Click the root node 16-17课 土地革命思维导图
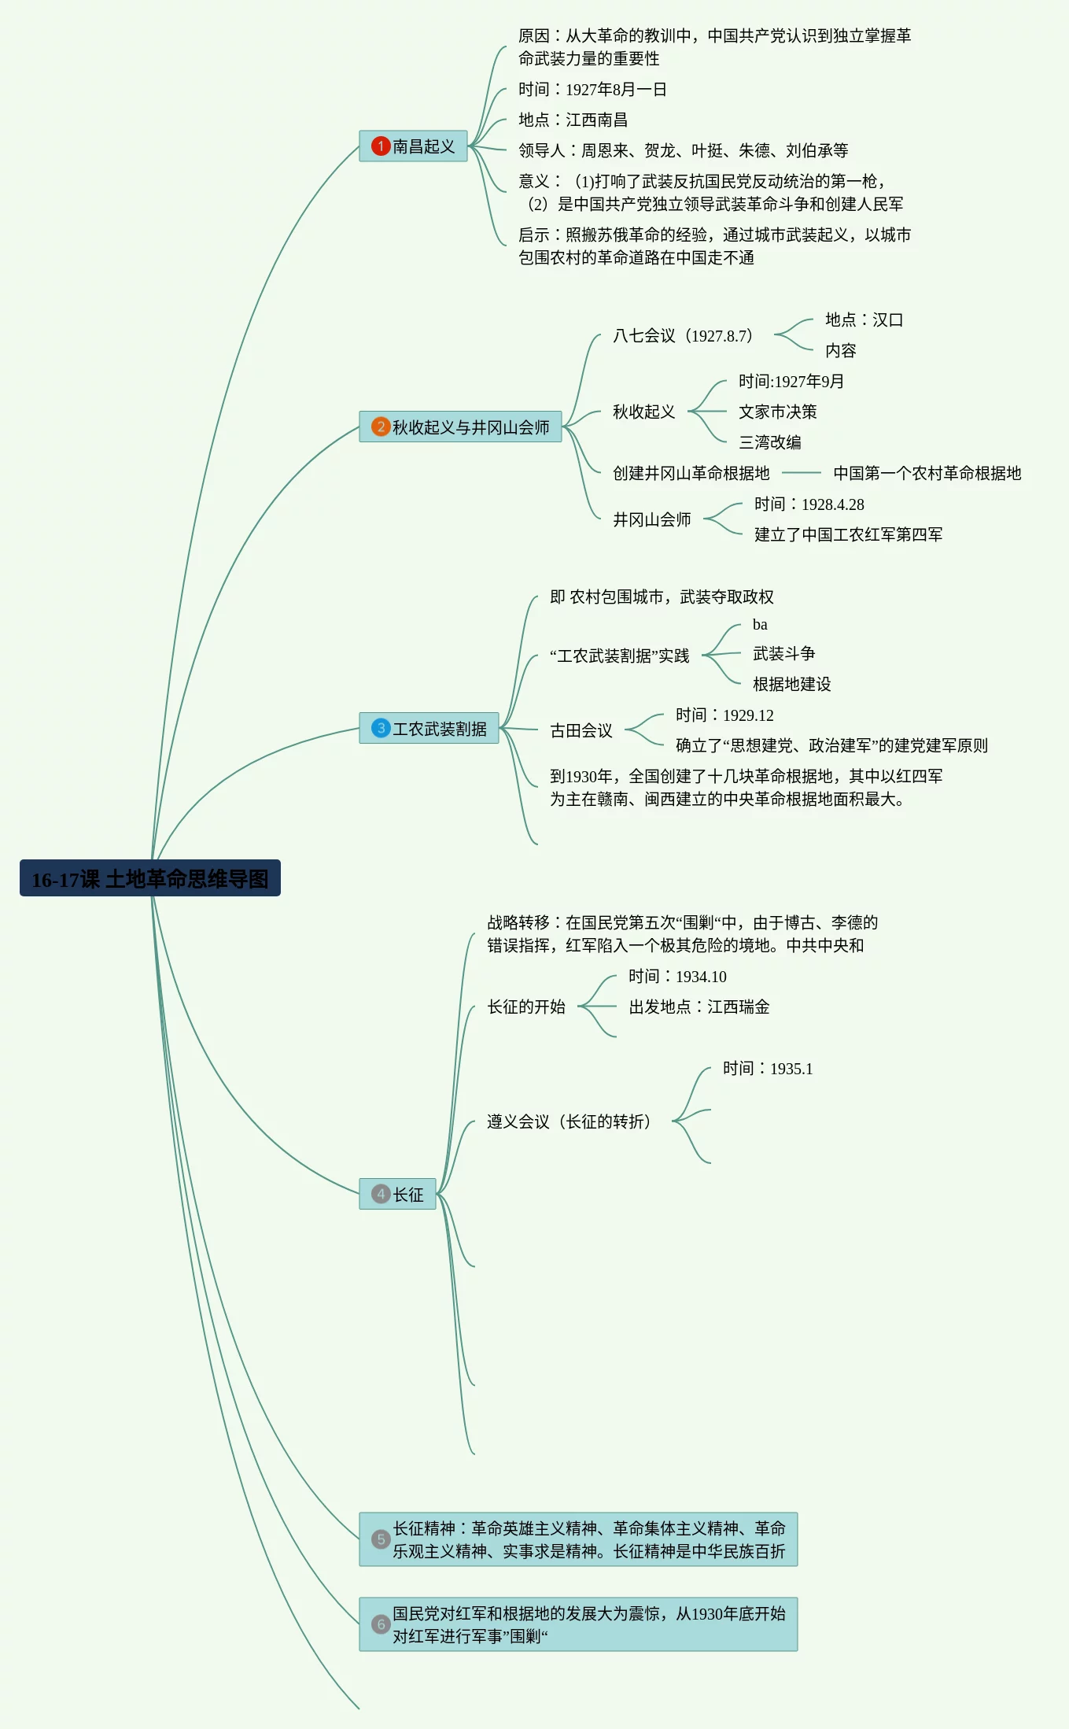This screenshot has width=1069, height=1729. click(149, 878)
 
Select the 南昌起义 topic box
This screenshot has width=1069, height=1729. click(414, 146)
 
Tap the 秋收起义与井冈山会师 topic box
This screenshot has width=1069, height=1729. click(460, 427)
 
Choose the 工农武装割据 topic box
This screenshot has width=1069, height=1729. click(429, 729)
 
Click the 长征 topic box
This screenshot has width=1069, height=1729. click(398, 1194)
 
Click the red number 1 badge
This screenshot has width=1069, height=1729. click(381, 146)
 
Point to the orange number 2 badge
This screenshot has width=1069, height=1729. click(381, 427)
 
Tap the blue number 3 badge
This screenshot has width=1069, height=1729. click(381, 729)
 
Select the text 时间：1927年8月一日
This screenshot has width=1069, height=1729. click(592, 89)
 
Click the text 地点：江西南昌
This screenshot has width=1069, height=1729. click(573, 120)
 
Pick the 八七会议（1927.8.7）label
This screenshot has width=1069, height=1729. click(683, 335)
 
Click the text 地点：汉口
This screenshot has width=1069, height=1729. click(864, 320)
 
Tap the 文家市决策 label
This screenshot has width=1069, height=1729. click(777, 412)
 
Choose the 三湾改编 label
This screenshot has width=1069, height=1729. click(769, 442)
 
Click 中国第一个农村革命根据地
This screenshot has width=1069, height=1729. click(927, 473)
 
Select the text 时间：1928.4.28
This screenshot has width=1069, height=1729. click(809, 504)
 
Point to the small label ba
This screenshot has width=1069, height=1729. click(760, 625)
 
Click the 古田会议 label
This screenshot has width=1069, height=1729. click(581, 730)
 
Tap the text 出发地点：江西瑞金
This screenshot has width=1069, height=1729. click(699, 1007)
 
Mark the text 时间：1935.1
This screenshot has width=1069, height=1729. click(768, 1069)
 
